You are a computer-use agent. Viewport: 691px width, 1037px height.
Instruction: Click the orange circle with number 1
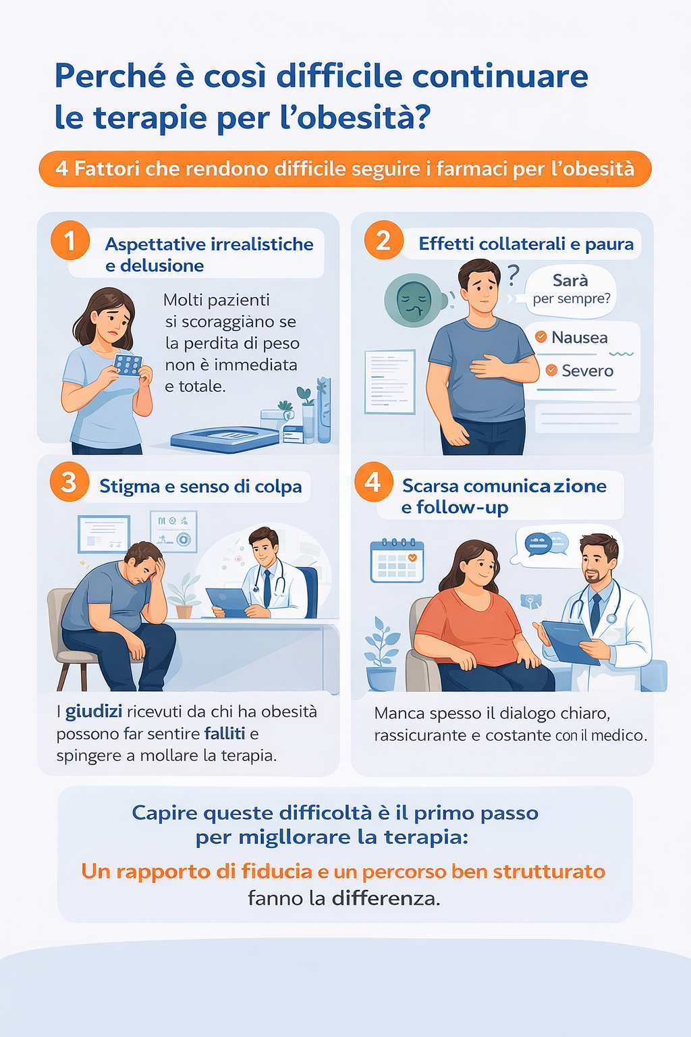(70, 240)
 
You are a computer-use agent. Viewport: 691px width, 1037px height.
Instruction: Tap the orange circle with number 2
(383, 240)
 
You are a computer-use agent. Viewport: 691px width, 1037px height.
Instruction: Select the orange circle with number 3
(69, 482)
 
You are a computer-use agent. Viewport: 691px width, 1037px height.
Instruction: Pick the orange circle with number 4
(373, 482)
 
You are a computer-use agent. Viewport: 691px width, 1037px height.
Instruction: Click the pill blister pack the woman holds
(128, 365)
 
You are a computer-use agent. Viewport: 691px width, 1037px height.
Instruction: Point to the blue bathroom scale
(225, 439)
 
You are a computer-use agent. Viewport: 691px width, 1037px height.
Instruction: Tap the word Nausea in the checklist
(579, 338)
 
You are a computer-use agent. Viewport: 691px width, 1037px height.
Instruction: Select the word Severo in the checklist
(587, 371)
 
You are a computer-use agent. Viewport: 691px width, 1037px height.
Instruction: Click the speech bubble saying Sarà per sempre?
(571, 290)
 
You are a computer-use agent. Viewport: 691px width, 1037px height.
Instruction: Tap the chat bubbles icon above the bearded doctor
(547, 544)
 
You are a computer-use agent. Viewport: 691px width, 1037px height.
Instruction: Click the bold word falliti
(225, 734)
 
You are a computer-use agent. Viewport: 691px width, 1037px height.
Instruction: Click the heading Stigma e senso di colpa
(200, 487)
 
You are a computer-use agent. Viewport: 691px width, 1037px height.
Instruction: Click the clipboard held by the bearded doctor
(568, 641)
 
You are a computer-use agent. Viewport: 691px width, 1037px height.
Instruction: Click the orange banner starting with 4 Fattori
(345, 169)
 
